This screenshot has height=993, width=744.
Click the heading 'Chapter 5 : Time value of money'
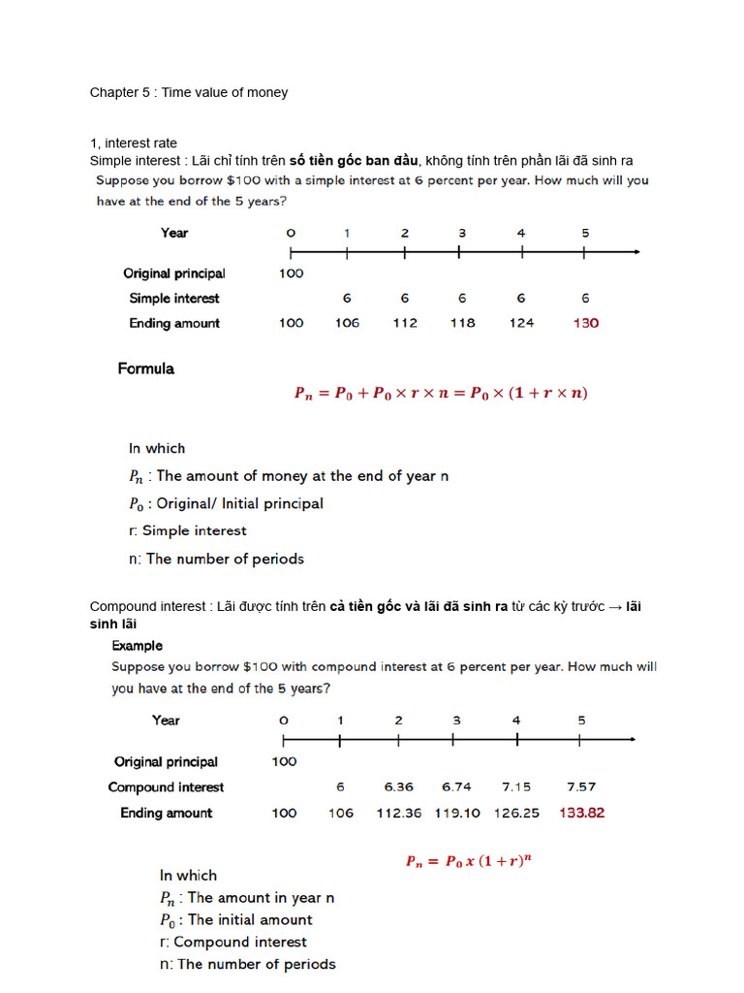tap(189, 93)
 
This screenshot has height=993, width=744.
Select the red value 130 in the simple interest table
tap(585, 323)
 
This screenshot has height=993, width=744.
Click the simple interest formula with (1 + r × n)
tap(441, 394)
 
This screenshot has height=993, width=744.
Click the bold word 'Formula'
tap(146, 368)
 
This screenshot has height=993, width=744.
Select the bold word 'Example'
tap(138, 646)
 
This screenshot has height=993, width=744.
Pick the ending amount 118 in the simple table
tap(462, 323)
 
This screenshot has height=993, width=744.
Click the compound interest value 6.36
tap(398, 787)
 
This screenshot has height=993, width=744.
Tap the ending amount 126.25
tap(516, 813)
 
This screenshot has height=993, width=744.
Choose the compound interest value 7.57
tap(581, 787)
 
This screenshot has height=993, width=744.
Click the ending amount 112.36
tap(398, 813)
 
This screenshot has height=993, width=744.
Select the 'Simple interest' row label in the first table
tap(174, 299)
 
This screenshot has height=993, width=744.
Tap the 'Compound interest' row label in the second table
tap(166, 787)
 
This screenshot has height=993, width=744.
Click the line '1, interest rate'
tap(134, 144)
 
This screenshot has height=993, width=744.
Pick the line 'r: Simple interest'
tap(188, 530)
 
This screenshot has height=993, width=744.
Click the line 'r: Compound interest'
tap(233, 942)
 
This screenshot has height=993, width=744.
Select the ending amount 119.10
tap(457, 813)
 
